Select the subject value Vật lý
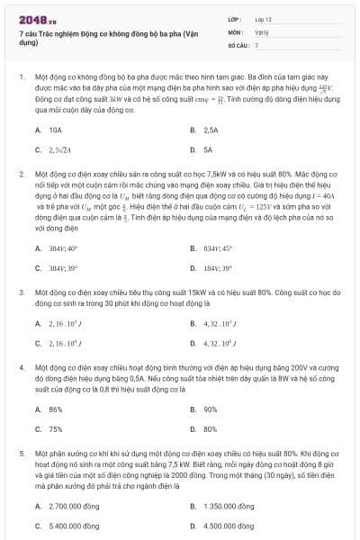pyautogui.click(x=261, y=31)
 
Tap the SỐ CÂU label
pyautogui.click(x=238, y=44)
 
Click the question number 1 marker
pyautogui.click(x=20, y=78)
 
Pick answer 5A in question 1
pyautogui.click(x=208, y=150)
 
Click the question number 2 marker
pyautogui.click(x=20, y=171)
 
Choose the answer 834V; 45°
pyautogui.click(x=217, y=248)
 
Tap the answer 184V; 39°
pyautogui.click(x=217, y=268)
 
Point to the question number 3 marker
pyautogui.click(x=20, y=292)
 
